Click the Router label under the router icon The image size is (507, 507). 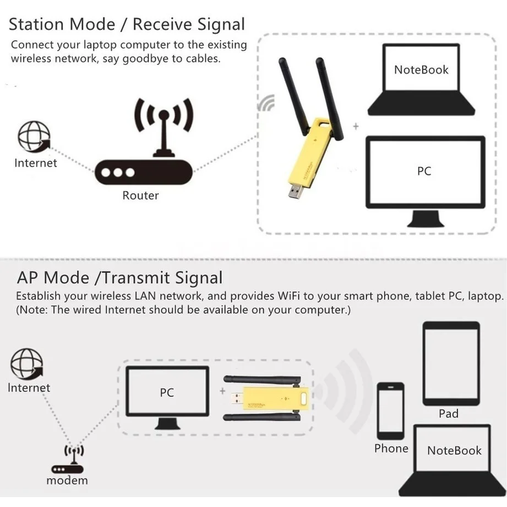[x=140, y=195]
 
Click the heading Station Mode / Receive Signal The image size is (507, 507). [x=127, y=25]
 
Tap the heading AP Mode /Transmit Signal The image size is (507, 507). [x=119, y=278]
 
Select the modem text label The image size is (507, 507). [x=67, y=481]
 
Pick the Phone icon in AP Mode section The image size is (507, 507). [x=391, y=410]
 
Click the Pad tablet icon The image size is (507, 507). [x=451, y=363]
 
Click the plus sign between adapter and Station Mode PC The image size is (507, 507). [x=356, y=127]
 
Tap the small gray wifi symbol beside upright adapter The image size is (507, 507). [x=268, y=103]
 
